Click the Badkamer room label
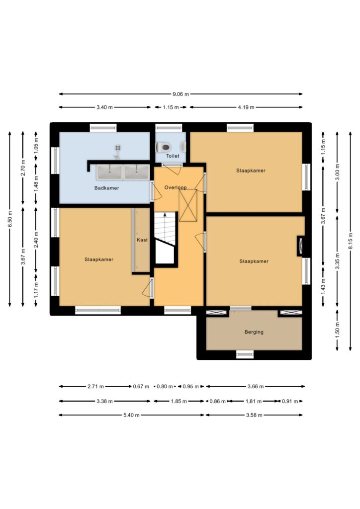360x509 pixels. tap(106, 188)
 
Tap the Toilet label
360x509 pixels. tap(173, 156)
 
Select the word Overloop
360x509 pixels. tap(176, 187)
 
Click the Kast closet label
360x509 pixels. tap(142, 240)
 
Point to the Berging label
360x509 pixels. tap(254, 332)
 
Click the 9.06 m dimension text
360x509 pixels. tap(180, 94)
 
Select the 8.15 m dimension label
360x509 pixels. tap(350, 241)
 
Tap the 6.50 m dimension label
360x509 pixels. tap(10, 219)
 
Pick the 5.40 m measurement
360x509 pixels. tap(131, 415)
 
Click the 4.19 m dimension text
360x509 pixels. tap(246, 107)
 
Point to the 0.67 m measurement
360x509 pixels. tap(141, 386)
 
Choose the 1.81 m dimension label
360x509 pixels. tap(254, 401)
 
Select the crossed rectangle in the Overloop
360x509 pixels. tap(188, 205)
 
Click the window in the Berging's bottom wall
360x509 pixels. tap(245, 354)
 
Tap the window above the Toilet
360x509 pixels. tap(169, 127)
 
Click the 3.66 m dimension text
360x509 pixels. tap(256, 386)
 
